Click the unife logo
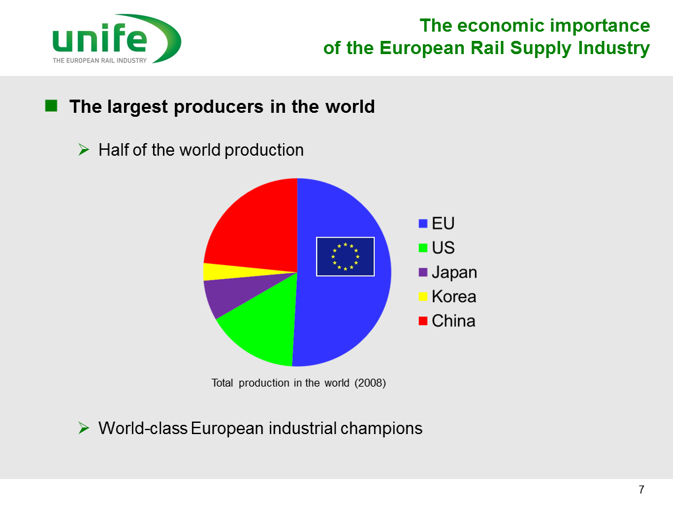coord(116,39)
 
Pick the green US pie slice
coord(262,326)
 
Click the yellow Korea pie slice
coord(223,272)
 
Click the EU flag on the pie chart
coord(345,257)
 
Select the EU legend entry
coord(436,224)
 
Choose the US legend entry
coord(436,248)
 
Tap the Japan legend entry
coord(447,272)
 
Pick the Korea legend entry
coord(447,297)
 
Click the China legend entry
coord(447,321)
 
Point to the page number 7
coord(641,490)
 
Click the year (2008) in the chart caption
coord(370,383)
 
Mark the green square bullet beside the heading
coord(51,106)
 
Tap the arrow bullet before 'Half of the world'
coord(84,150)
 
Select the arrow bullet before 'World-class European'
coord(84,428)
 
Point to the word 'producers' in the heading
coord(218,107)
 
